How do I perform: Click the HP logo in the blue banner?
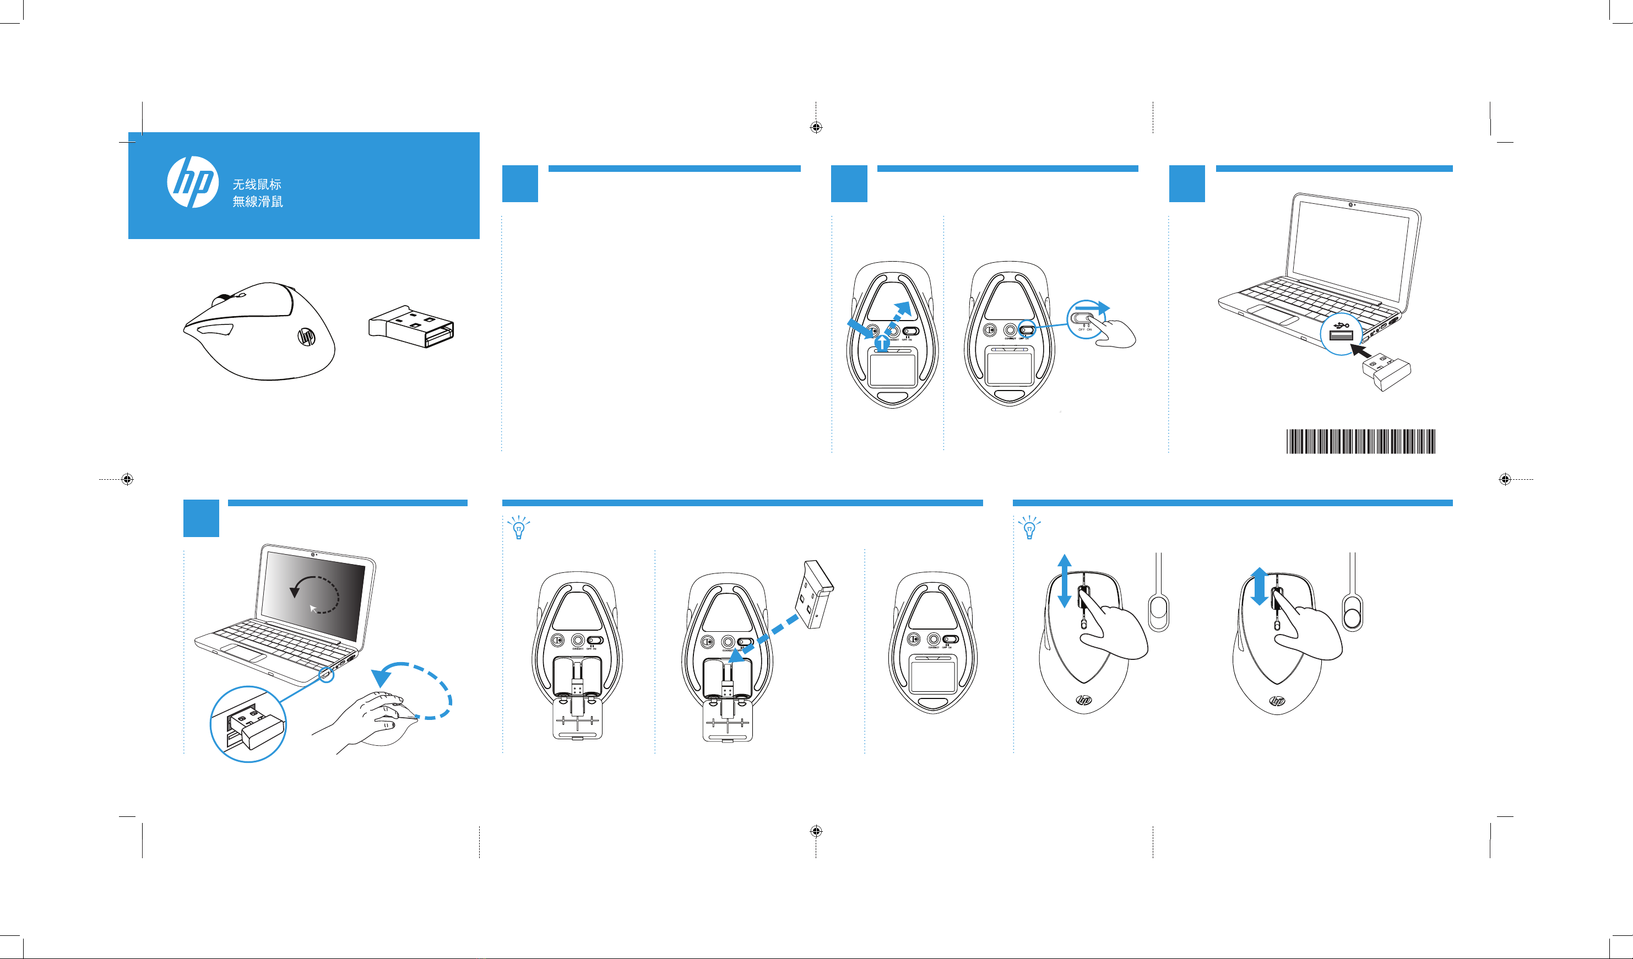point(192,182)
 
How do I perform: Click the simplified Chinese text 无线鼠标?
point(257,185)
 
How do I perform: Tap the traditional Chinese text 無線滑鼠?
point(257,202)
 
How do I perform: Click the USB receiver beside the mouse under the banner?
point(411,326)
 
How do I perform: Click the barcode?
point(1360,441)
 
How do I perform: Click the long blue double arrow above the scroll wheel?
point(1064,581)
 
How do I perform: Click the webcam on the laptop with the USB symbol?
point(1350,205)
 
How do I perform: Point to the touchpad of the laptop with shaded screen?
point(243,654)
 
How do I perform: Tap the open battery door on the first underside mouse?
point(577,719)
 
